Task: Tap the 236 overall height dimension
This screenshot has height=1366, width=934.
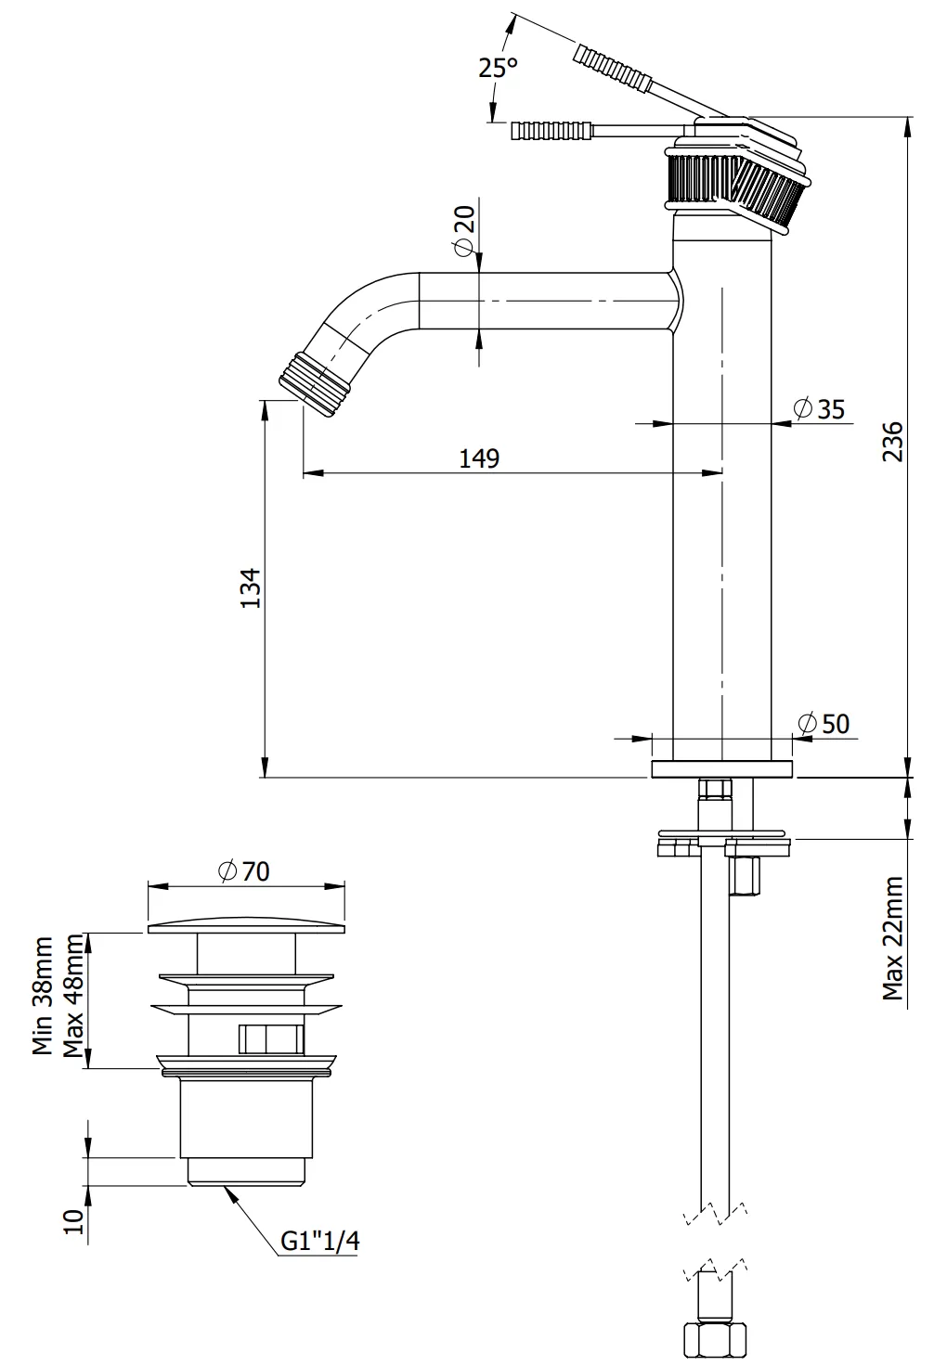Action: [892, 441]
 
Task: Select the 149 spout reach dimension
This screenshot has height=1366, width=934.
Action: [479, 458]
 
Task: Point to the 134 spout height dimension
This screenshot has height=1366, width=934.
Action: [251, 587]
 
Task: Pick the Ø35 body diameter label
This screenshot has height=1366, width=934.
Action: [819, 408]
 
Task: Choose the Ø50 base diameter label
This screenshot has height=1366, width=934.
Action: [824, 724]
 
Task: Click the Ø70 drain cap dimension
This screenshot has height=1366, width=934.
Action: [244, 871]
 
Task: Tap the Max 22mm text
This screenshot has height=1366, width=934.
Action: [892, 938]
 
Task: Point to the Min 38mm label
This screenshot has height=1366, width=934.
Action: [43, 997]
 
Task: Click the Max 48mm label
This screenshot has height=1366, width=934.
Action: [72, 997]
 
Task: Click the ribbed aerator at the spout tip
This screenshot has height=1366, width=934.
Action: [315, 384]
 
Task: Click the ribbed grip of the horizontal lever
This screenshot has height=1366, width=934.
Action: [551, 132]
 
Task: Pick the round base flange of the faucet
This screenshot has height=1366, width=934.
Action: [722, 769]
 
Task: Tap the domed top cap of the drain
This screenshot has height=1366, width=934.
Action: [246, 925]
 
